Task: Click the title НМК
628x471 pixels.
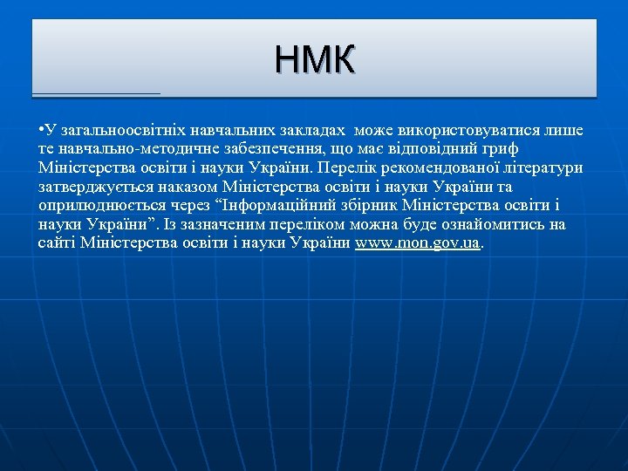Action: (x=314, y=60)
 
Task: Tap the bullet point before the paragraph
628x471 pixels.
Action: (x=41, y=130)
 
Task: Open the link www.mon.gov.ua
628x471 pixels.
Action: (x=418, y=243)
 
